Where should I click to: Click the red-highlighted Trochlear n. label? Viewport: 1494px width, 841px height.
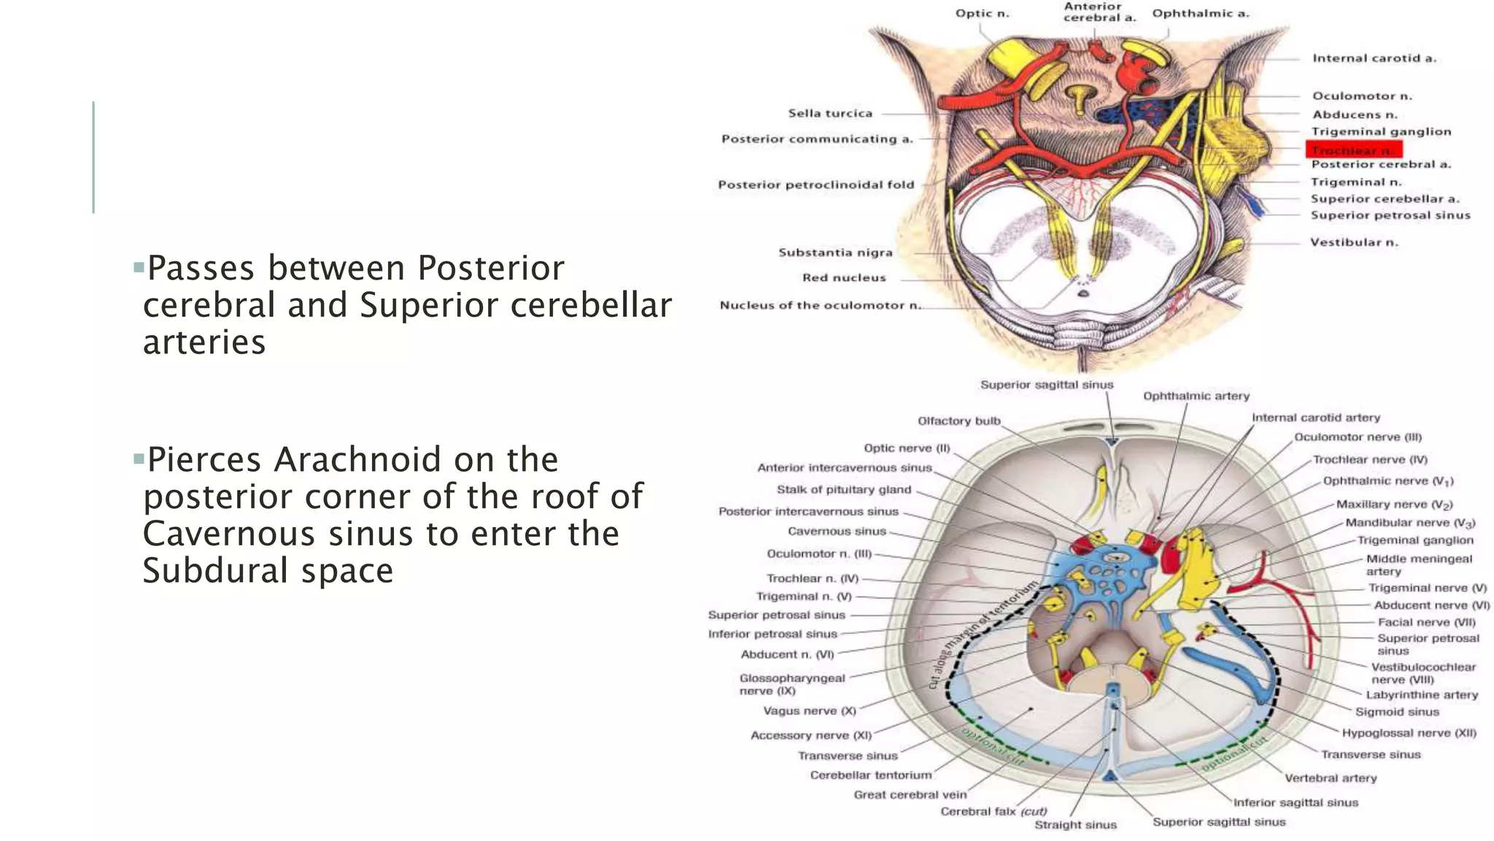1353,150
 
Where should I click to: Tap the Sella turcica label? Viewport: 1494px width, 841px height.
830,113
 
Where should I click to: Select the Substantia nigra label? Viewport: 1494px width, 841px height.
835,253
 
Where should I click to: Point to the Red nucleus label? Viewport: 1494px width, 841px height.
844,277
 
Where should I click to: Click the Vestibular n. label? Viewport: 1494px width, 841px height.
1354,242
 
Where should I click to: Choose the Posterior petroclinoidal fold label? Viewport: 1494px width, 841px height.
816,185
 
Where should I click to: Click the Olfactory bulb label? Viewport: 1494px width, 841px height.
959,421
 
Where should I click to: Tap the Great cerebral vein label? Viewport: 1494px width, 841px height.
910,794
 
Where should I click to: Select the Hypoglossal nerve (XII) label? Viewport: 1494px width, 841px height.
1409,732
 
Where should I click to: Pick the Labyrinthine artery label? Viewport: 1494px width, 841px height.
1422,695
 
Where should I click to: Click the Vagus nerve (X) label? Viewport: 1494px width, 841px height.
809,710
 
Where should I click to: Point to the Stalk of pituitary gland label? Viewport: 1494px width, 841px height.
843,490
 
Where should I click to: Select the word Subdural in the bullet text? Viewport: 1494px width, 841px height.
216,571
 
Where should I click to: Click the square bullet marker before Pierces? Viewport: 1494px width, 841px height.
139,459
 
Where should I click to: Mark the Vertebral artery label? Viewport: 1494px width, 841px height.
1331,778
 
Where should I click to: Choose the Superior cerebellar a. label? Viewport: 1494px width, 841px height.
1385,199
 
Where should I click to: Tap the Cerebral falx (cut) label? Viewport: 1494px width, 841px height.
993,812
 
